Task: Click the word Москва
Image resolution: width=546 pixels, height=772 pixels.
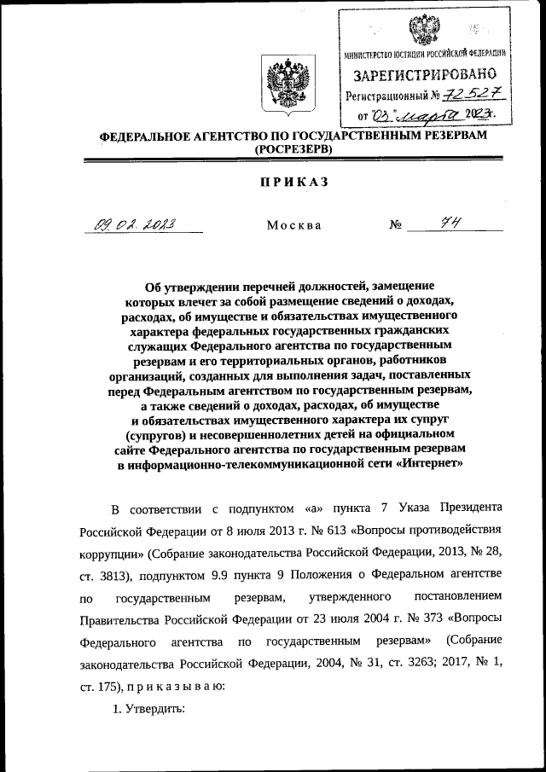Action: pos(293,226)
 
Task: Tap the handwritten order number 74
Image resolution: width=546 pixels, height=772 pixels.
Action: pos(444,223)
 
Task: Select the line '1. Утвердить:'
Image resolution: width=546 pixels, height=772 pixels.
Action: pos(148,707)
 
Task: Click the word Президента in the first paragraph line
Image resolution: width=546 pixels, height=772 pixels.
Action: pos(471,508)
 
